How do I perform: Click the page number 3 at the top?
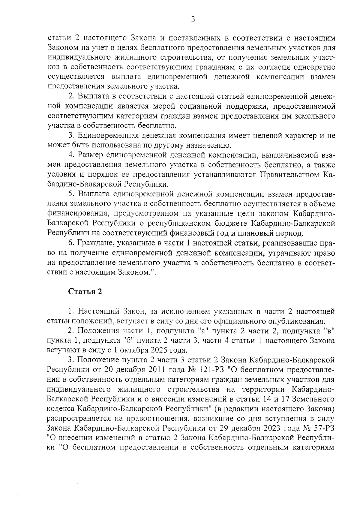(193, 20)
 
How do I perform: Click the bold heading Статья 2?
(85, 292)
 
